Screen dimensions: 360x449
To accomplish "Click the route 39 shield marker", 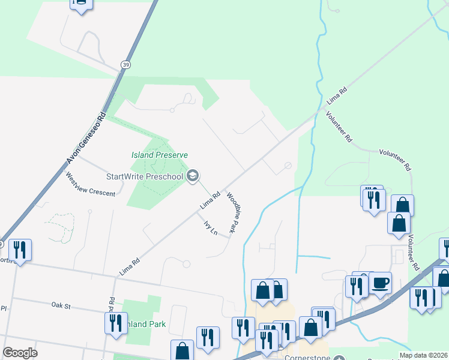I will point(124,64).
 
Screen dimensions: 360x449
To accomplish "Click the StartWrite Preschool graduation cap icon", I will point(193,176).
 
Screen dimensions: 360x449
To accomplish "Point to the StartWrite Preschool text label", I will point(145,176).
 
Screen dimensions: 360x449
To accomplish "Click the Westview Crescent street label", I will point(90,185).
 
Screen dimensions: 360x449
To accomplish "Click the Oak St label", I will point(61,305).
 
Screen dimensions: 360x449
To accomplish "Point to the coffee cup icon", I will point(381,282).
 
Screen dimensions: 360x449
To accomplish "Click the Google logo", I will point(20,353).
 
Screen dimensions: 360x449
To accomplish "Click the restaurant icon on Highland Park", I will point(116,322).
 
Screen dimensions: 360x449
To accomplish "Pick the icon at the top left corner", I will point(80,4).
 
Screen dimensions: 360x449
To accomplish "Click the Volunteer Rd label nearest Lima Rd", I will point(339,127).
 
